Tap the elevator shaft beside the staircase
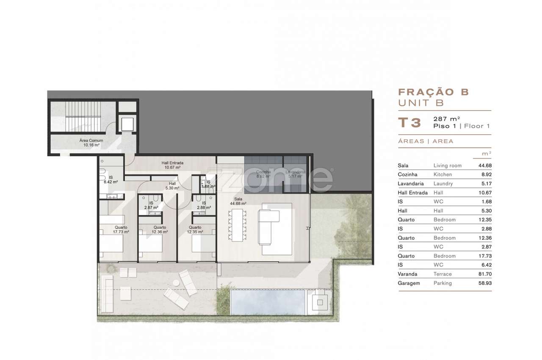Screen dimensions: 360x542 tap(127, 124)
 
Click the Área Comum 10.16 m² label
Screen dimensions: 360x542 tap(91, 143)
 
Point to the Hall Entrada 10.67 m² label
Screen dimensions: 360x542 tap(172, 165)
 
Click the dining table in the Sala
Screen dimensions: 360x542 tap(237, 224)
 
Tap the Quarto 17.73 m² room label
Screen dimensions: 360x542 tap(121, 230)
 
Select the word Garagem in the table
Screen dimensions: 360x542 tap(409, 283)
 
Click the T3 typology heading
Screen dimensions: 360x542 tap(409, 122)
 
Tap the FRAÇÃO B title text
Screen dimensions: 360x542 tap(434, 92)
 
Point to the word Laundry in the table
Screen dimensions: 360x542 tap(443, 184)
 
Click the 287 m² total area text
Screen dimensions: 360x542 tap(446, 119)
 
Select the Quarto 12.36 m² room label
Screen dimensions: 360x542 tap(159, 230)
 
